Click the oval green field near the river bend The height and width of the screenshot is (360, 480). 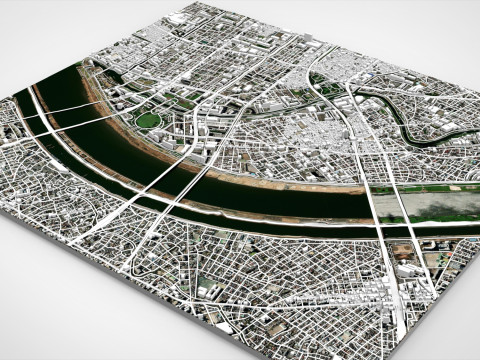tap(148, 120)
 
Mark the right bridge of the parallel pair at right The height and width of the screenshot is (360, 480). tap(405, 212)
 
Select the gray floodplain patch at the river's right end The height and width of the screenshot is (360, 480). tap(440, 204)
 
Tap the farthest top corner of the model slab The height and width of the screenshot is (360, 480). tap(219, 3)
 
